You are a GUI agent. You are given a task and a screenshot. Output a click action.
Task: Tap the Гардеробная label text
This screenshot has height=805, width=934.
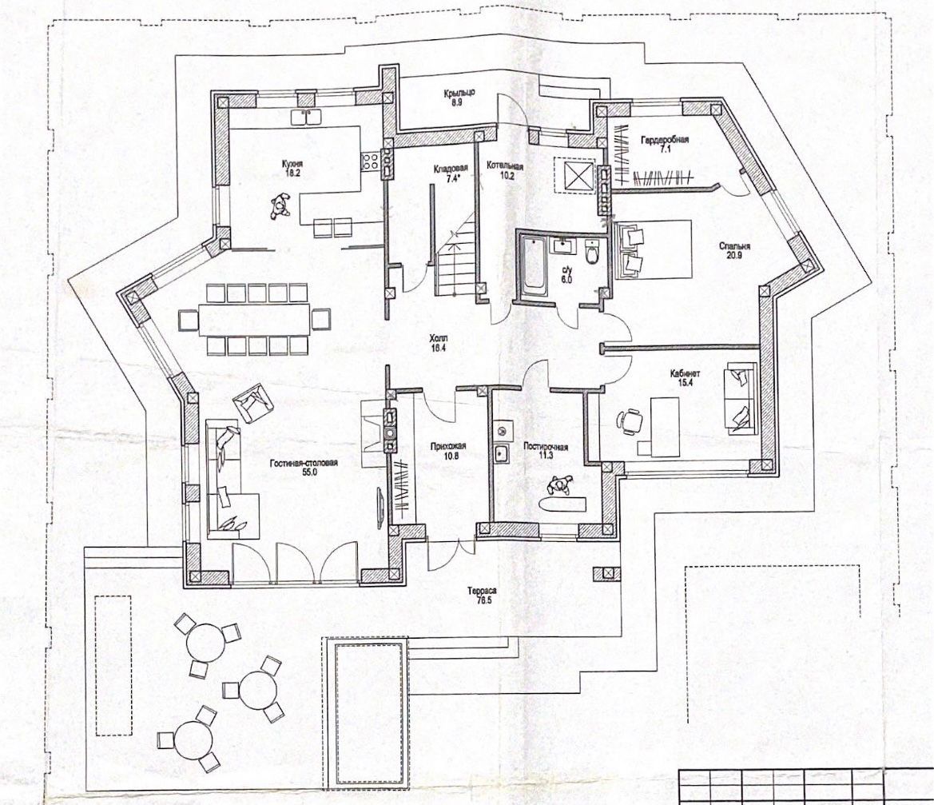[664, 140]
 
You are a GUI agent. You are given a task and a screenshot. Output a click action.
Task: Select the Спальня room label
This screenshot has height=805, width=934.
[734, 246]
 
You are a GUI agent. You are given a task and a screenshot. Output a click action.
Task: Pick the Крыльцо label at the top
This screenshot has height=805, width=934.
[459, 93]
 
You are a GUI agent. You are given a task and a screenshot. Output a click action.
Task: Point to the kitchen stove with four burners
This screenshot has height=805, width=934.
[371, 161]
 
